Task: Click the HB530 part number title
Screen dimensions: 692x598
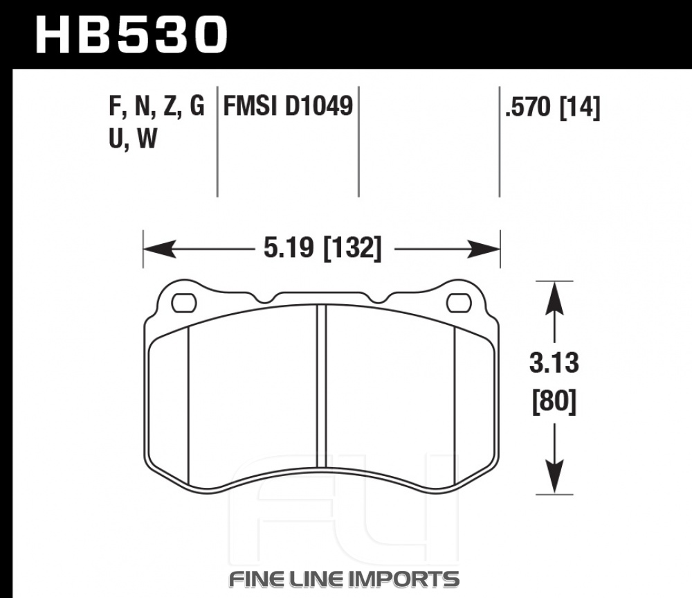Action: tap(131, 35)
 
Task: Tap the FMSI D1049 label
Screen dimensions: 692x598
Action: tap(288, 106)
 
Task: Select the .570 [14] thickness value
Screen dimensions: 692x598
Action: tap(552, 107)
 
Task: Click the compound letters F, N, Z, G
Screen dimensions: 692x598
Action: tap(156, 107)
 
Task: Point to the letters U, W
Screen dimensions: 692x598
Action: tap(133, 139)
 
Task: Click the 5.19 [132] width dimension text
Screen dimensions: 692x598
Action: tap(322, 247)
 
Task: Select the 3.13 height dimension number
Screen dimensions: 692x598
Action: tap(554, 363)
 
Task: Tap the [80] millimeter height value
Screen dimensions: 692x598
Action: tap(554, 401)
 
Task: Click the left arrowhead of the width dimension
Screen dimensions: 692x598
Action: tap(160, 248)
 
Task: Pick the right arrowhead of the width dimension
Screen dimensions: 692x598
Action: tap(484, 248)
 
